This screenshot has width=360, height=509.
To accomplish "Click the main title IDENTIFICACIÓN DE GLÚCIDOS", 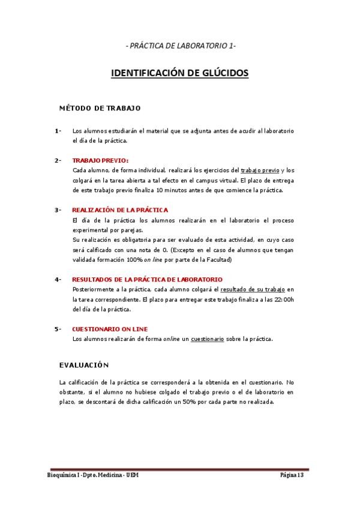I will (179, 73).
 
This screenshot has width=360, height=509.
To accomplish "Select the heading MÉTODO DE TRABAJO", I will (100, 109).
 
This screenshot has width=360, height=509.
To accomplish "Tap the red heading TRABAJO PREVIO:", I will (100, 160).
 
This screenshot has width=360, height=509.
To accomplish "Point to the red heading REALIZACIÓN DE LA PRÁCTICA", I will (120, 210).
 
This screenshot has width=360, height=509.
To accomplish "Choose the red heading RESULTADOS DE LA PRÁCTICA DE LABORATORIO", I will (147, 280).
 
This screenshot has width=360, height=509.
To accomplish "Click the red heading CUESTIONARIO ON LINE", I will (110, 329).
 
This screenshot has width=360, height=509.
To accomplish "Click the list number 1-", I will (58, 131).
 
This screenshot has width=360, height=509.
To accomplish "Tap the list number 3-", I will (58, 210).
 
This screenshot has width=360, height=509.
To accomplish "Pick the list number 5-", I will (58, 329).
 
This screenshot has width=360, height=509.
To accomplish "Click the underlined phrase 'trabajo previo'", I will (260, 170).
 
